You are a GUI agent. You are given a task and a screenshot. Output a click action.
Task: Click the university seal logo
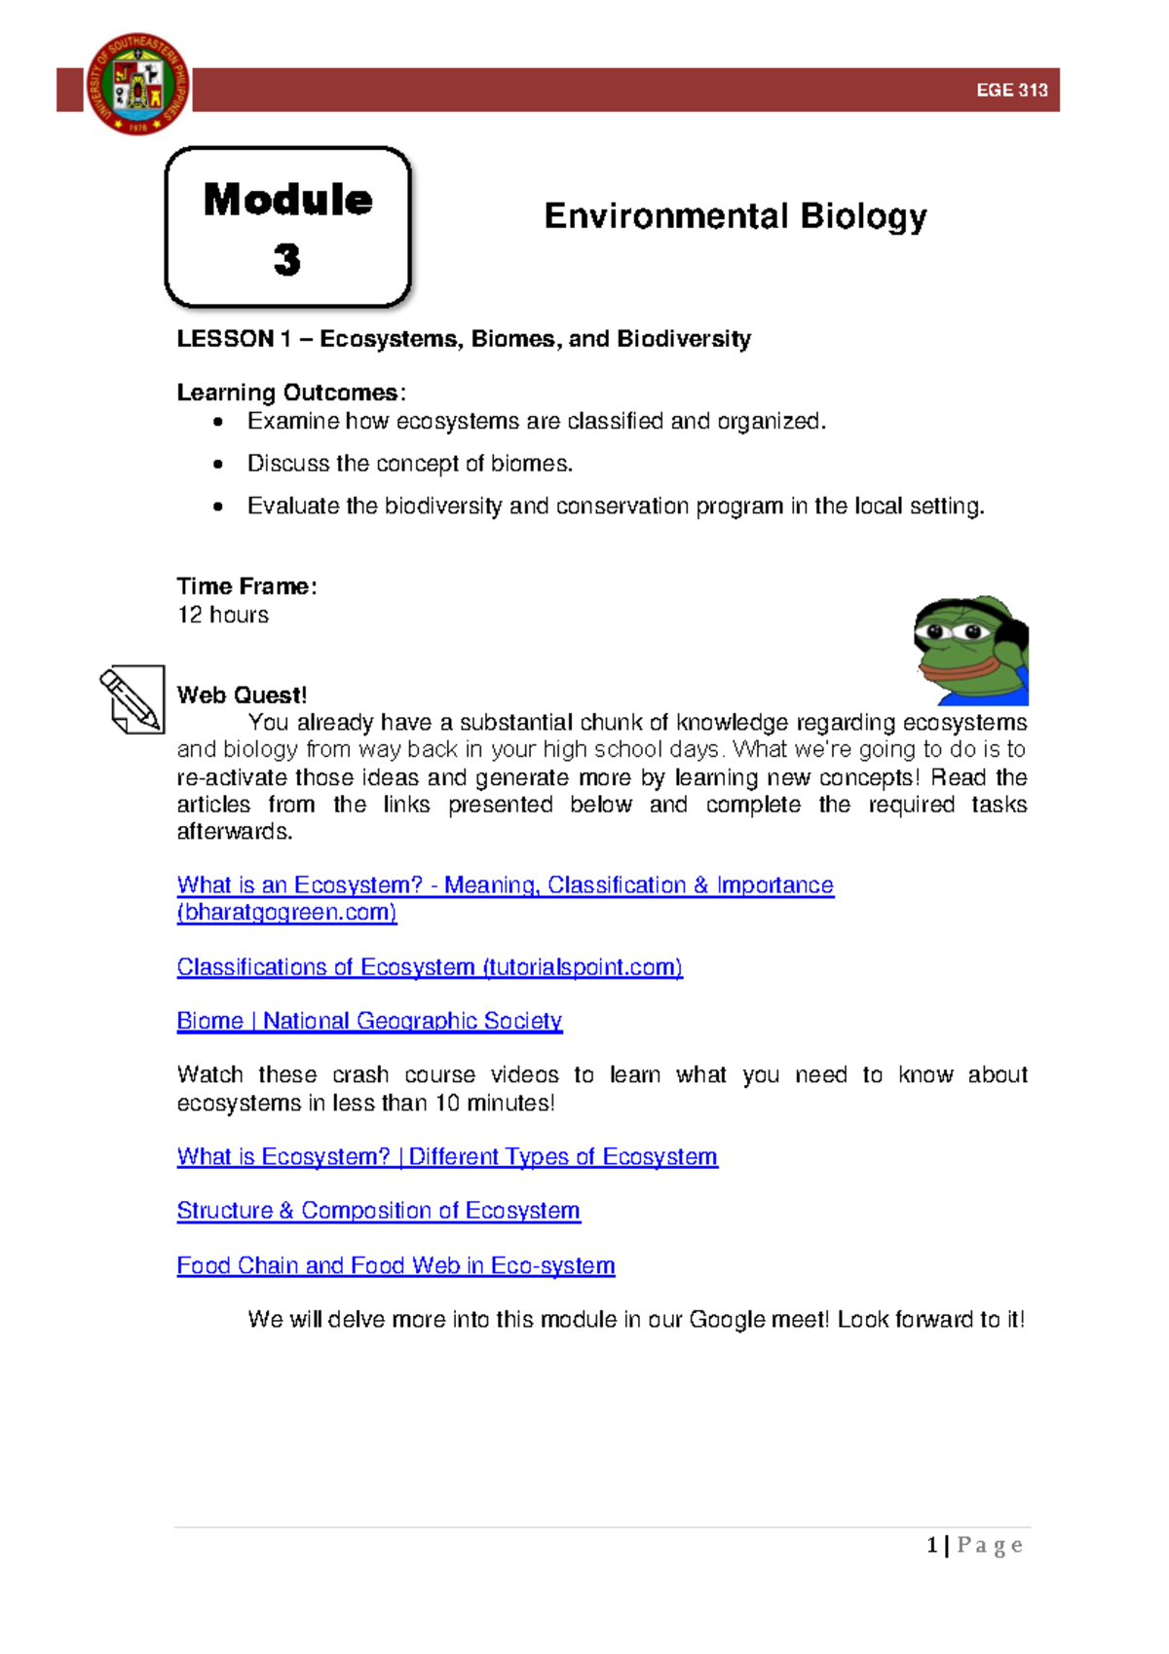(137, 85)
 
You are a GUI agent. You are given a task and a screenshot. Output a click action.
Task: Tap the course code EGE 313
(1011, 91)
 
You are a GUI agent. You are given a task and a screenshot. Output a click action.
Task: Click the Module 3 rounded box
(288, 228)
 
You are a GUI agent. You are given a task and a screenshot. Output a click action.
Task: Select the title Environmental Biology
(735, 216)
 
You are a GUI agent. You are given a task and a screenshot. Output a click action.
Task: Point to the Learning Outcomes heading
(288, 393)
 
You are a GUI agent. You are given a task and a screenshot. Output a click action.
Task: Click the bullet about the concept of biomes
(409, 464)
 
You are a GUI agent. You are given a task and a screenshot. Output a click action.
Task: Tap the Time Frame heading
(245, 586)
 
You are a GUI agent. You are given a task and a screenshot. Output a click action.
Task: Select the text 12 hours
(223, 615)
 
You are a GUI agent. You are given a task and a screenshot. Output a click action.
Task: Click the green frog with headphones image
(971, 651)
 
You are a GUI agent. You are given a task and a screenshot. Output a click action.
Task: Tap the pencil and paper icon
(132, 699)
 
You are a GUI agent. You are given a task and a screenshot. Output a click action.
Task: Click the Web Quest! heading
(242, 695)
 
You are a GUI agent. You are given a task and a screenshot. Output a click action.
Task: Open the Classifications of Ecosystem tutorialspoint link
(430, 967)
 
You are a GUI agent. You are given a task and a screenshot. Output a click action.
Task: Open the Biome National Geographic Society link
(369, 1021)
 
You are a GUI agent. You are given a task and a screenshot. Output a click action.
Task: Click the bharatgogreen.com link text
(286, 913)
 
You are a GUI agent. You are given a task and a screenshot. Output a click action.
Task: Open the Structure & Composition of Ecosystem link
(378, 1211)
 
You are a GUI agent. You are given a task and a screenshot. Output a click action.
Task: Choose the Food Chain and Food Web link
(396, 1265)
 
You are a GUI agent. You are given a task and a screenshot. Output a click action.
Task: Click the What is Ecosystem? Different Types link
(447, 1157)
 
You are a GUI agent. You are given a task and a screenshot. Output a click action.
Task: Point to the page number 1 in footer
(932, 1545)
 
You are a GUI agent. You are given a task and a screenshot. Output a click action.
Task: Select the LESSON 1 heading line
(463, 339)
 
